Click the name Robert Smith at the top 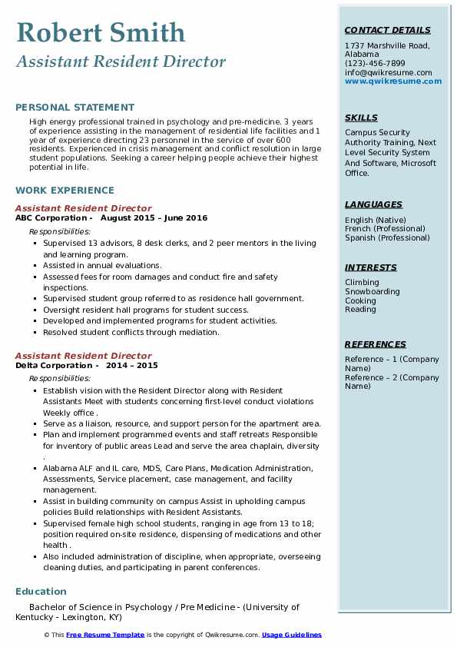coord(100,32)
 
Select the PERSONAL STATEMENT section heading coord(75,108)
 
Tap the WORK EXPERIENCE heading coord(65,190)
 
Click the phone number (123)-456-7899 coord(375,64)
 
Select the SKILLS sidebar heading coord(361,118)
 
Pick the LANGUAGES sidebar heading coord(373,204)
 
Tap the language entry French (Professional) coord(386,229)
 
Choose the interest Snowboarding coord(373,292)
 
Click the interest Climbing coord(362,283)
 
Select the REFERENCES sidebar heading coord(376,344)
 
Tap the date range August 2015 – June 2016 coord(154,218)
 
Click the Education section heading coord(41,591)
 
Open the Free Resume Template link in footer coord(105,635)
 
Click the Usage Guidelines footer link coord(291,635)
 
